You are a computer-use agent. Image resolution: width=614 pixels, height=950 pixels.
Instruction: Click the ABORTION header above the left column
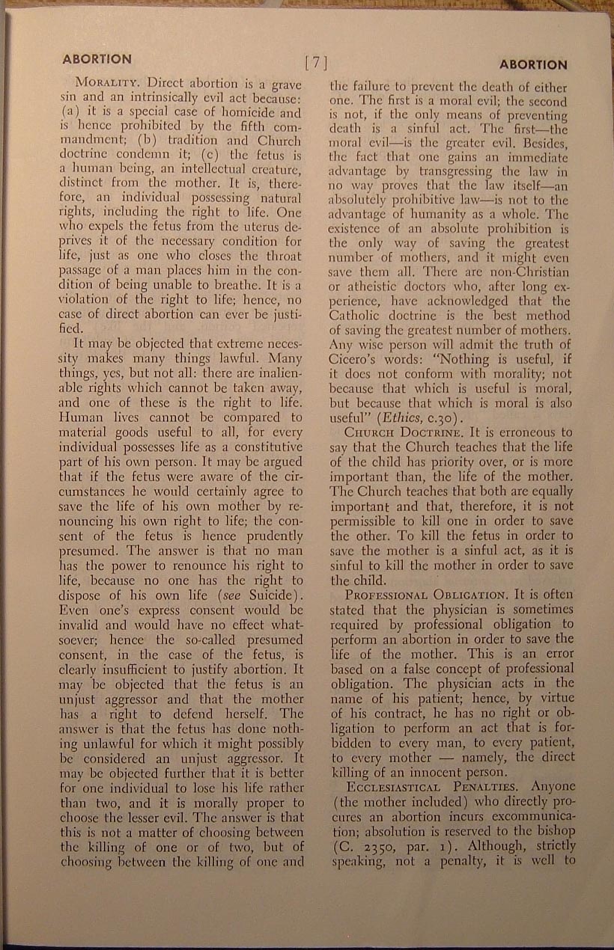(x=97, y=58)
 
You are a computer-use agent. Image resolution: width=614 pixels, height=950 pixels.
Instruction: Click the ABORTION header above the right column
(x=533, y=64)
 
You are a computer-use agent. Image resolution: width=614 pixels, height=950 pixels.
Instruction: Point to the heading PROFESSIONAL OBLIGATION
(x=428, y=595)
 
